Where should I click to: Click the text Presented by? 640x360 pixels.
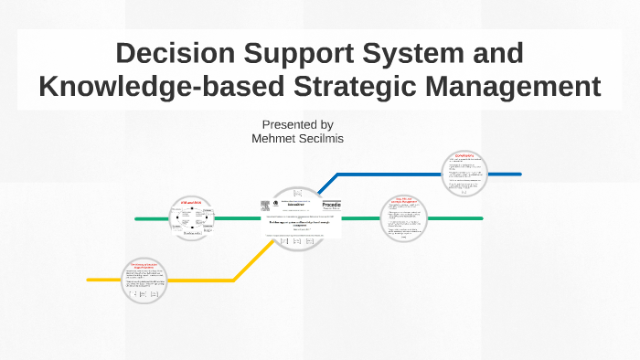[x=297, y=124]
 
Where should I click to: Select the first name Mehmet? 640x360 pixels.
[x=277, y=139]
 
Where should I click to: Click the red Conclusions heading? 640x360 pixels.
[x=466, y=155]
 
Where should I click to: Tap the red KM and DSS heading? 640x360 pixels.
[x=190, y=202]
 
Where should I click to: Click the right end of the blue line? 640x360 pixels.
[x=518, y=174]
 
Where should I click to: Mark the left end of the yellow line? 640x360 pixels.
[x=90, y=280]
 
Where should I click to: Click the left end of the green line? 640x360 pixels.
[x=137, y=219]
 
